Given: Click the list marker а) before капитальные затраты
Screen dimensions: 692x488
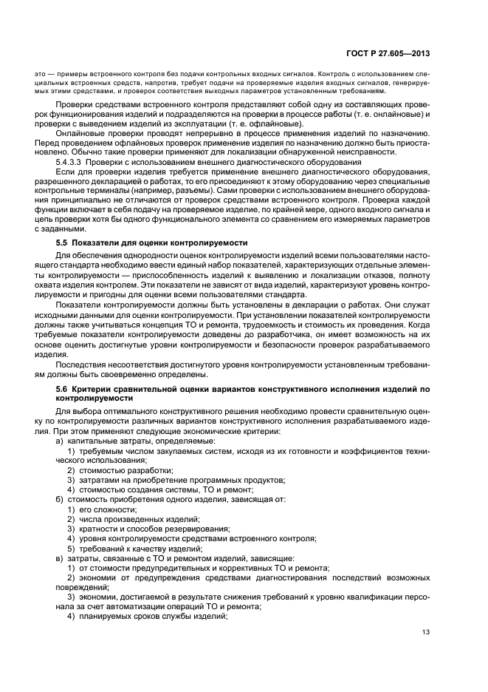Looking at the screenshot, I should click(x=61, y=441).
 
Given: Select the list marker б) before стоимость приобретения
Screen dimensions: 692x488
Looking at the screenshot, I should click(x=61, y=500).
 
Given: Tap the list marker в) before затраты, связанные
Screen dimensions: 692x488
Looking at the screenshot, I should click(x=61, y=557).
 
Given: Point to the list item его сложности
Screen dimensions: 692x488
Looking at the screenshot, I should click(x=108, y=509).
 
